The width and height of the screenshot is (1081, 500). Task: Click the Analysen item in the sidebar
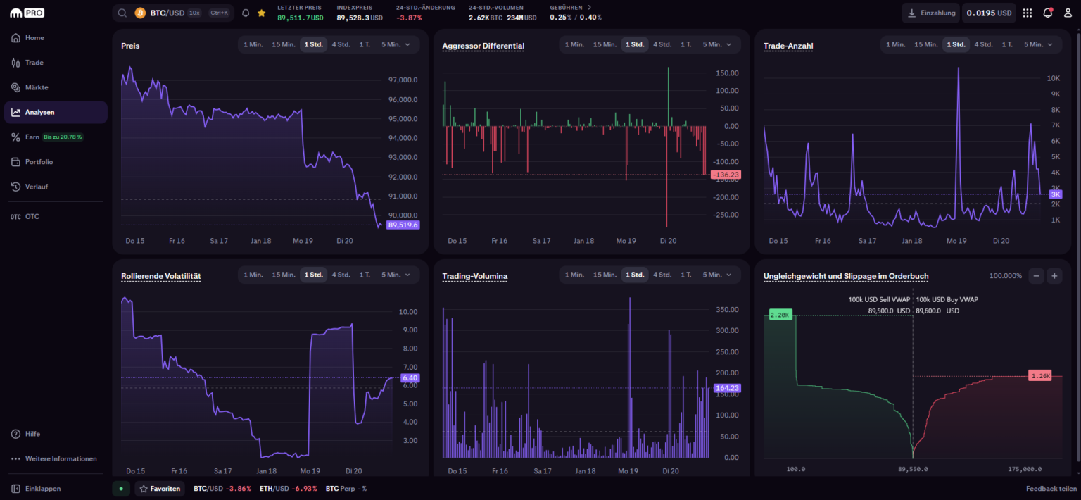click(x=39, y=112)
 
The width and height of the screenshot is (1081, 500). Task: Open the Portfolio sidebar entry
click(x=39, y=162)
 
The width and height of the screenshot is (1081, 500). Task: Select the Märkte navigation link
click(x=37, y=87)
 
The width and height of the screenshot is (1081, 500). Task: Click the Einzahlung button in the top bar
click(x=931, y=13)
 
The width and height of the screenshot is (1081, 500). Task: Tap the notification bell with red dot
click(x=1047, y=13)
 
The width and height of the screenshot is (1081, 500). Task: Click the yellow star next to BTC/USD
click(x=262, y=13)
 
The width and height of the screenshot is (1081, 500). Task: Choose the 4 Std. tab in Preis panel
click(x=340, y=44)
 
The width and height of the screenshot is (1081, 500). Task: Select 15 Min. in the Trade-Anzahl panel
click(x=925, y=44)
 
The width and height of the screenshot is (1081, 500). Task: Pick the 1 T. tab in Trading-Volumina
click(x=685, y=275)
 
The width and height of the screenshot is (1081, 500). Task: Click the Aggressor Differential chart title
click(x=483, y=46)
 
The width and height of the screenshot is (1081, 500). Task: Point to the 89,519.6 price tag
click(x=403, y=225)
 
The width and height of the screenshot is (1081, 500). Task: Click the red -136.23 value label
click(x=726, y=175)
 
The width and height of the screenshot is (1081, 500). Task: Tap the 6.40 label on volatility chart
click(x=410, y=378)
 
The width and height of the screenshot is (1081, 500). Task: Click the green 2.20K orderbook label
click(x=780, y=315)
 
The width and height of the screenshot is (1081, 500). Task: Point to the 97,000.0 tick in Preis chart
click(x=403, y=80)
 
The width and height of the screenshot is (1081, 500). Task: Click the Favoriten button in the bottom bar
click(x=160, y=488)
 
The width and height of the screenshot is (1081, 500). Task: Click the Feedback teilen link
click(x=1051, y=488)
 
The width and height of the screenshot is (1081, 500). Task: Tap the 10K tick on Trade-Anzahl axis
click(x=1053, y=78)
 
